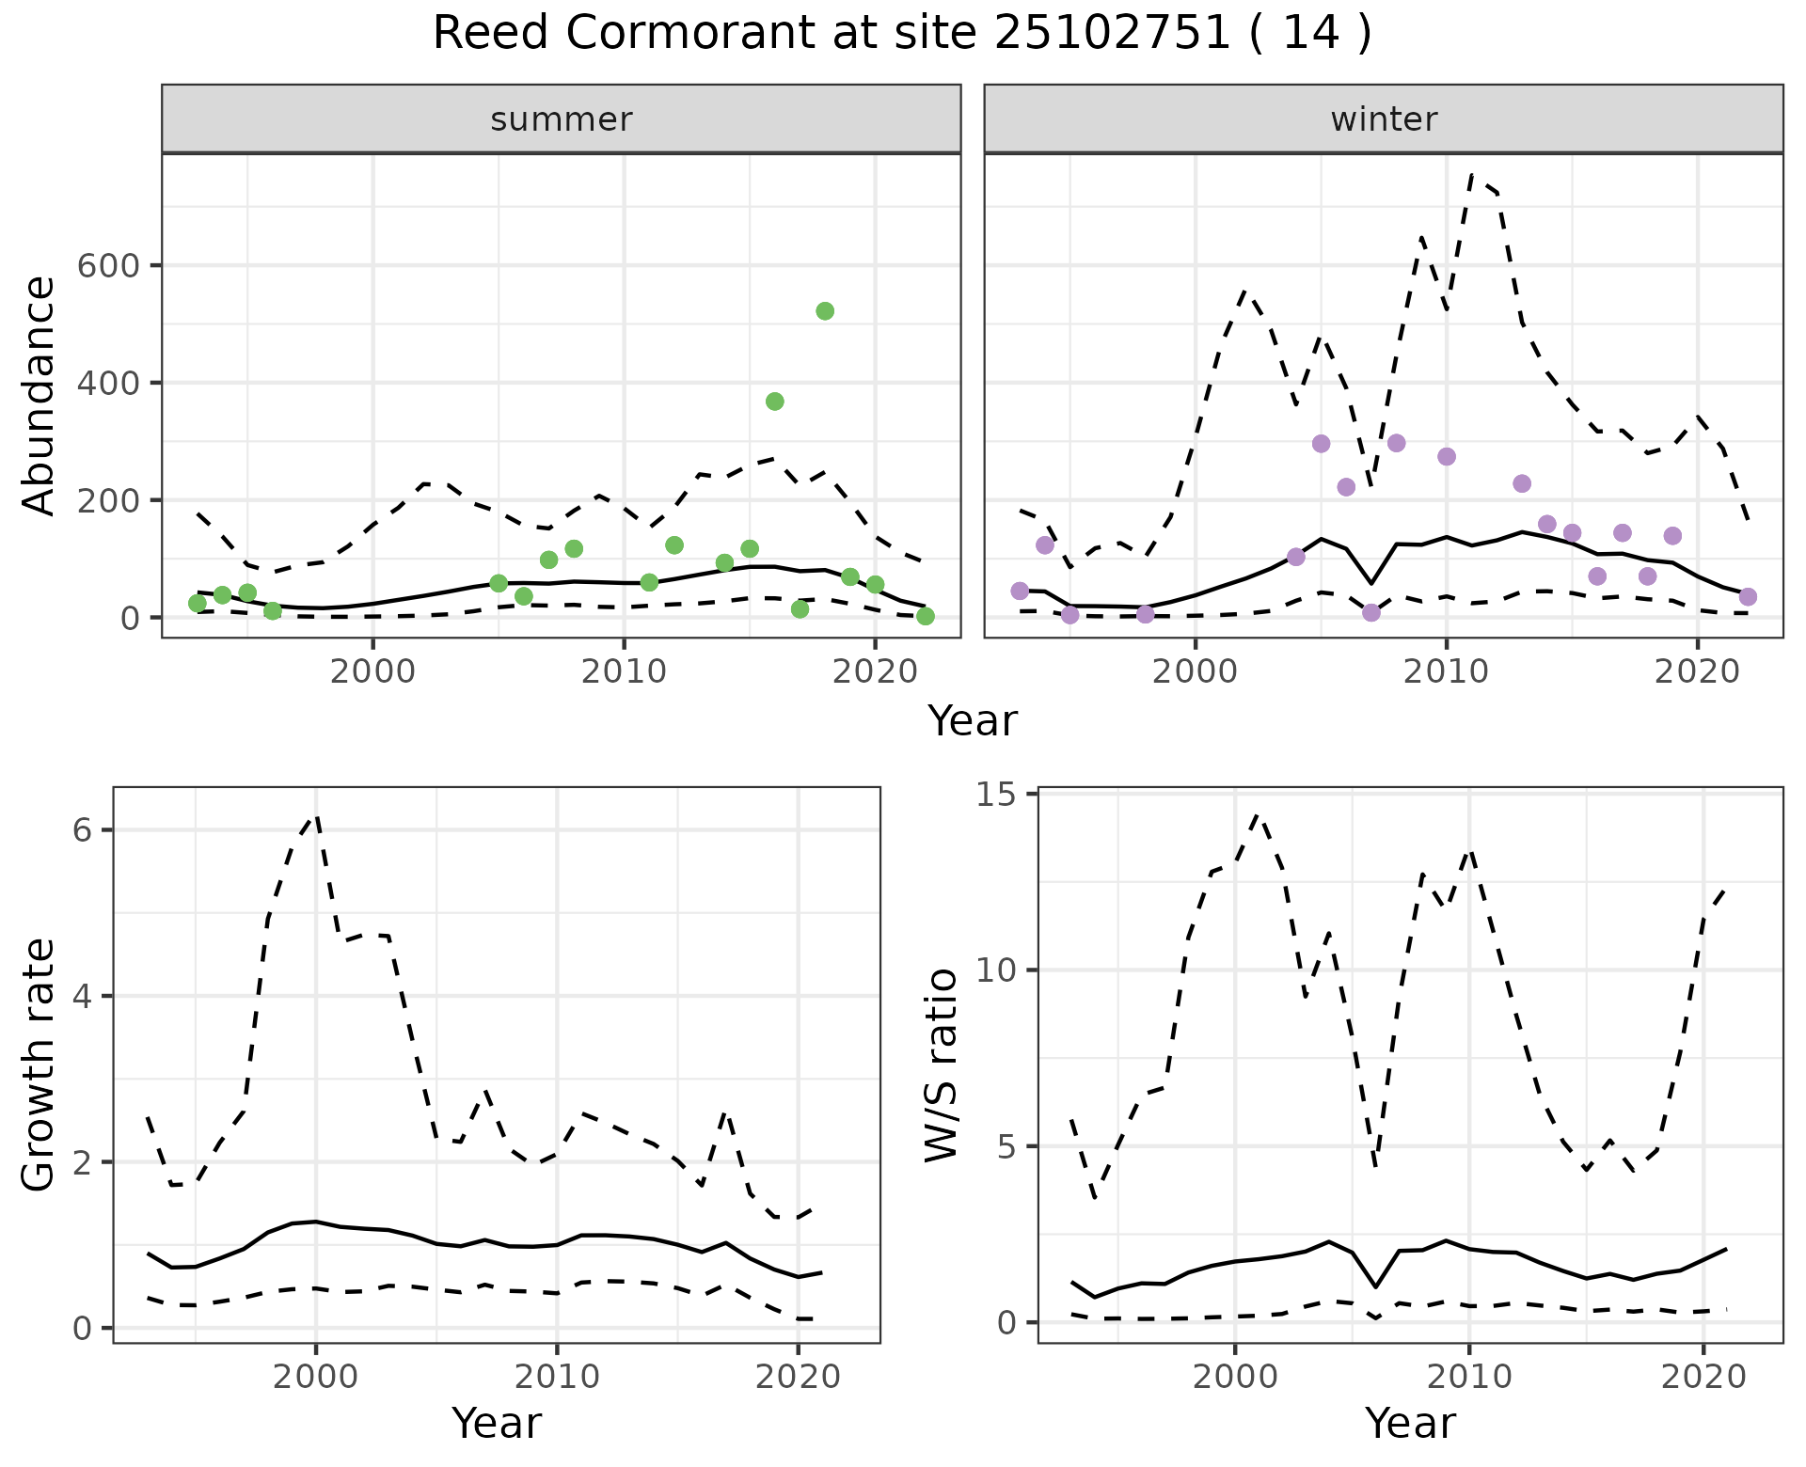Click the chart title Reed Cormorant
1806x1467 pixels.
point(901,35)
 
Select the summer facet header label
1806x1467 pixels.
point(562,119)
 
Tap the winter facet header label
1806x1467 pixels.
point(1384,119)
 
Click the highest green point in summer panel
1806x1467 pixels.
point(825,311)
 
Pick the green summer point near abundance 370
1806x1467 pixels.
point(775,402)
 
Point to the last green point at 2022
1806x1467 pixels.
point(926,616)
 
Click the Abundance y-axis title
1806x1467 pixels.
point(40,395)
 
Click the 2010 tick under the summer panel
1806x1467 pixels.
point(624,673)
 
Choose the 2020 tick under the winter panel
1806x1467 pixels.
point(1697,673)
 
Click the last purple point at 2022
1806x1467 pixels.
point(1748,597)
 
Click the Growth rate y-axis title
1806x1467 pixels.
point(40,1065)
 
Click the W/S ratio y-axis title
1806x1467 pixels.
point(942,1065)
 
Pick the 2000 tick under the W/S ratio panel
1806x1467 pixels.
point(1235,1378)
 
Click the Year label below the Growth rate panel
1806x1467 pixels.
point(497,1424)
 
